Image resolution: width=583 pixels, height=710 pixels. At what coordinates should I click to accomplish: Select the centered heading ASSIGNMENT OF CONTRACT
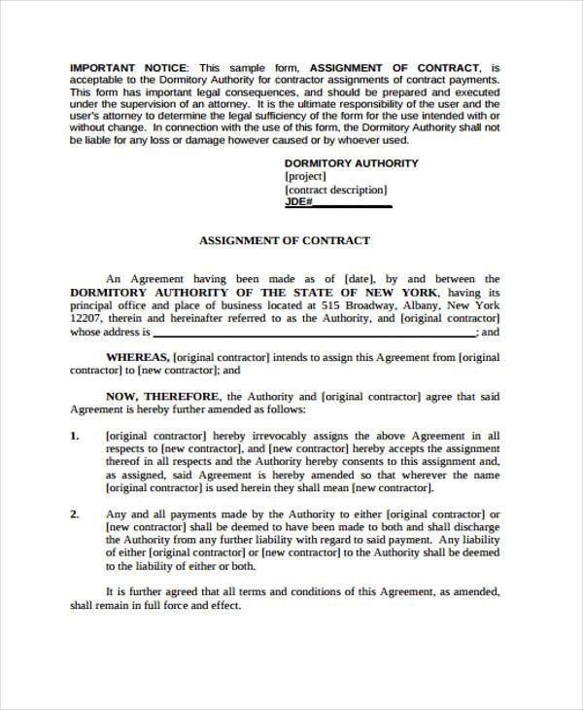tap(284, 240)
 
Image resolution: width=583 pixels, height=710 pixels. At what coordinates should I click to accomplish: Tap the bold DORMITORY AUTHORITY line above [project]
tap(351, 163)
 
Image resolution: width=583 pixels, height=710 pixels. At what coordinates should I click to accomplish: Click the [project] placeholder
tap(308, 177)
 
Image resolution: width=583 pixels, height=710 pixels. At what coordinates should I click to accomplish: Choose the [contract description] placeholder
tap(335, 191)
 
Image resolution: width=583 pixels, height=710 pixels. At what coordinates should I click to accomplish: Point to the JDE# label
tap(298, 203)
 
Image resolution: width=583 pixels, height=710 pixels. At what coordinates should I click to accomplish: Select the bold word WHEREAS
tap(138, 357)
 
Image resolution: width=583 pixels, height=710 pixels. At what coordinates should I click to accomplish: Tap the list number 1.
tap(75, 437)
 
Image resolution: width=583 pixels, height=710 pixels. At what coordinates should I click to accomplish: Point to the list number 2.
tap(75, 514)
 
